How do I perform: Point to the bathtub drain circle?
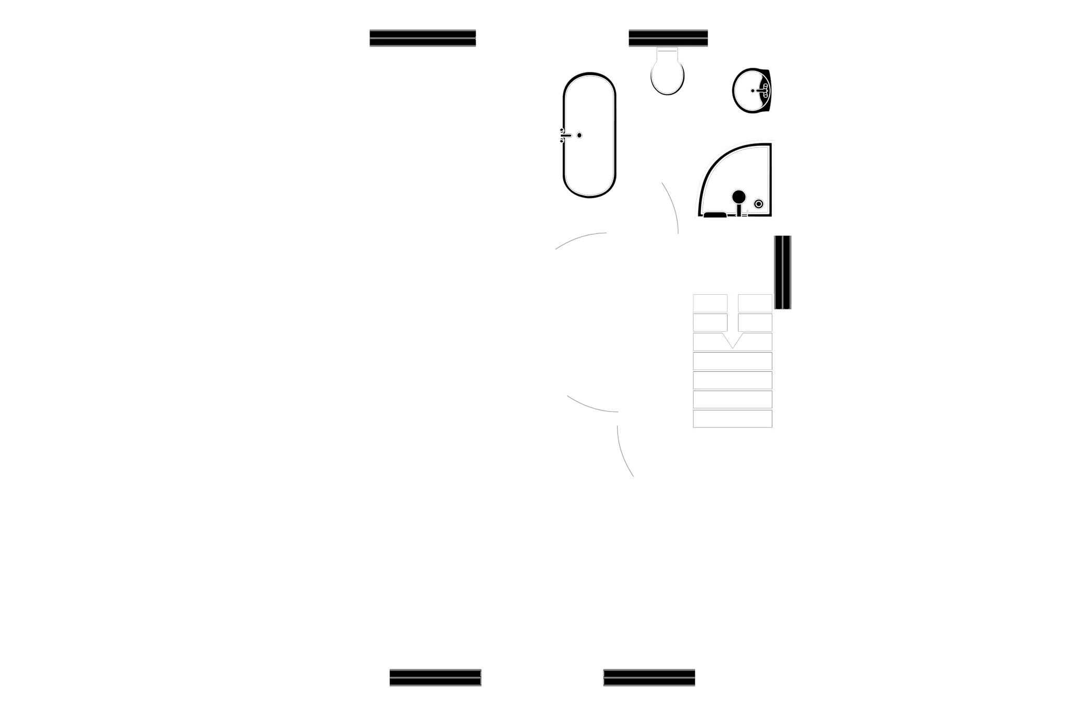click(579, 135)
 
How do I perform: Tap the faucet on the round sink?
click(761, 90)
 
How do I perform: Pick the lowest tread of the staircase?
click(733, 419)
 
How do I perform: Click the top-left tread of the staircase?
click(710, 303)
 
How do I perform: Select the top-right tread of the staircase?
click(756, 303)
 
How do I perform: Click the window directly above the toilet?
click(668, 40)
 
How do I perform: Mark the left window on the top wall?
click(423, 40)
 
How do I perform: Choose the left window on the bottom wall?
click(435, 677)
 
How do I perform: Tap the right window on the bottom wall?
click(649, 677)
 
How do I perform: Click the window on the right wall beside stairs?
click(783, 272)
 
